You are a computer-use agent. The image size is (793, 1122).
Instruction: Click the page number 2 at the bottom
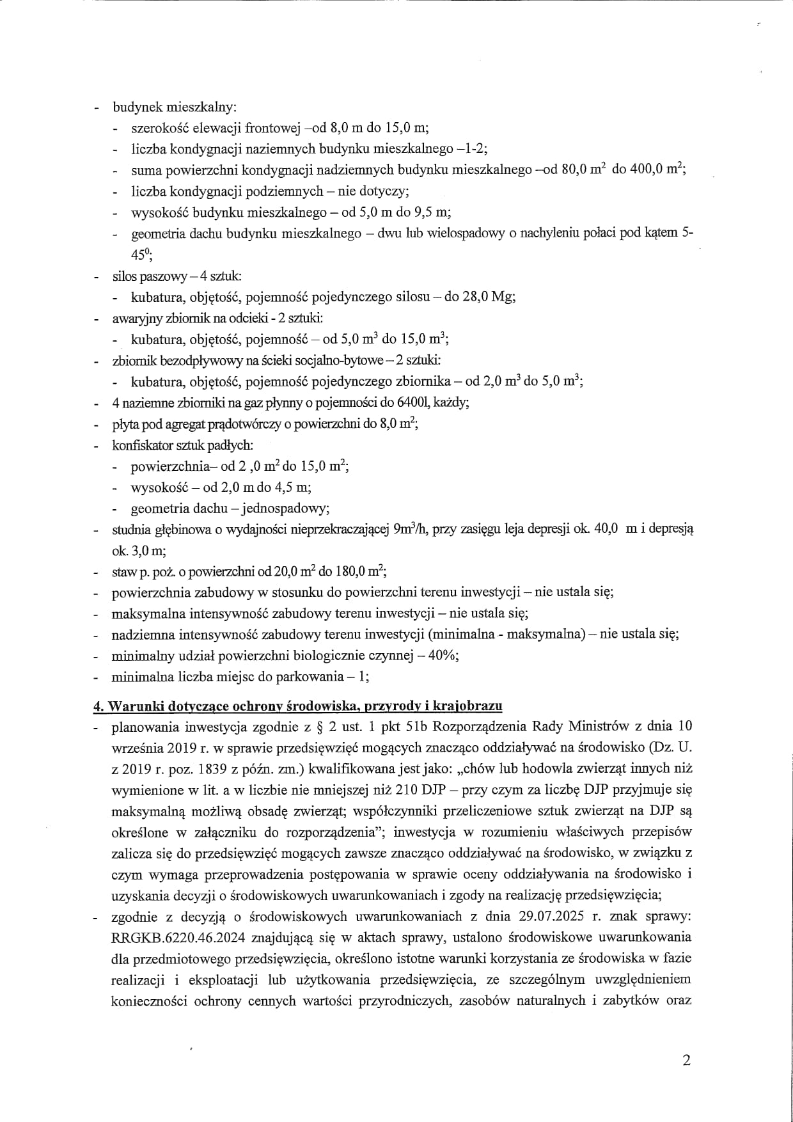coord(686,1061)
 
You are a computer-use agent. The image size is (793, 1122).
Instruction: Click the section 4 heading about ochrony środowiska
coord(297,706)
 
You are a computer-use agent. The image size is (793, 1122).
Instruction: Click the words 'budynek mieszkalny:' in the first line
coord(175,107)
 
